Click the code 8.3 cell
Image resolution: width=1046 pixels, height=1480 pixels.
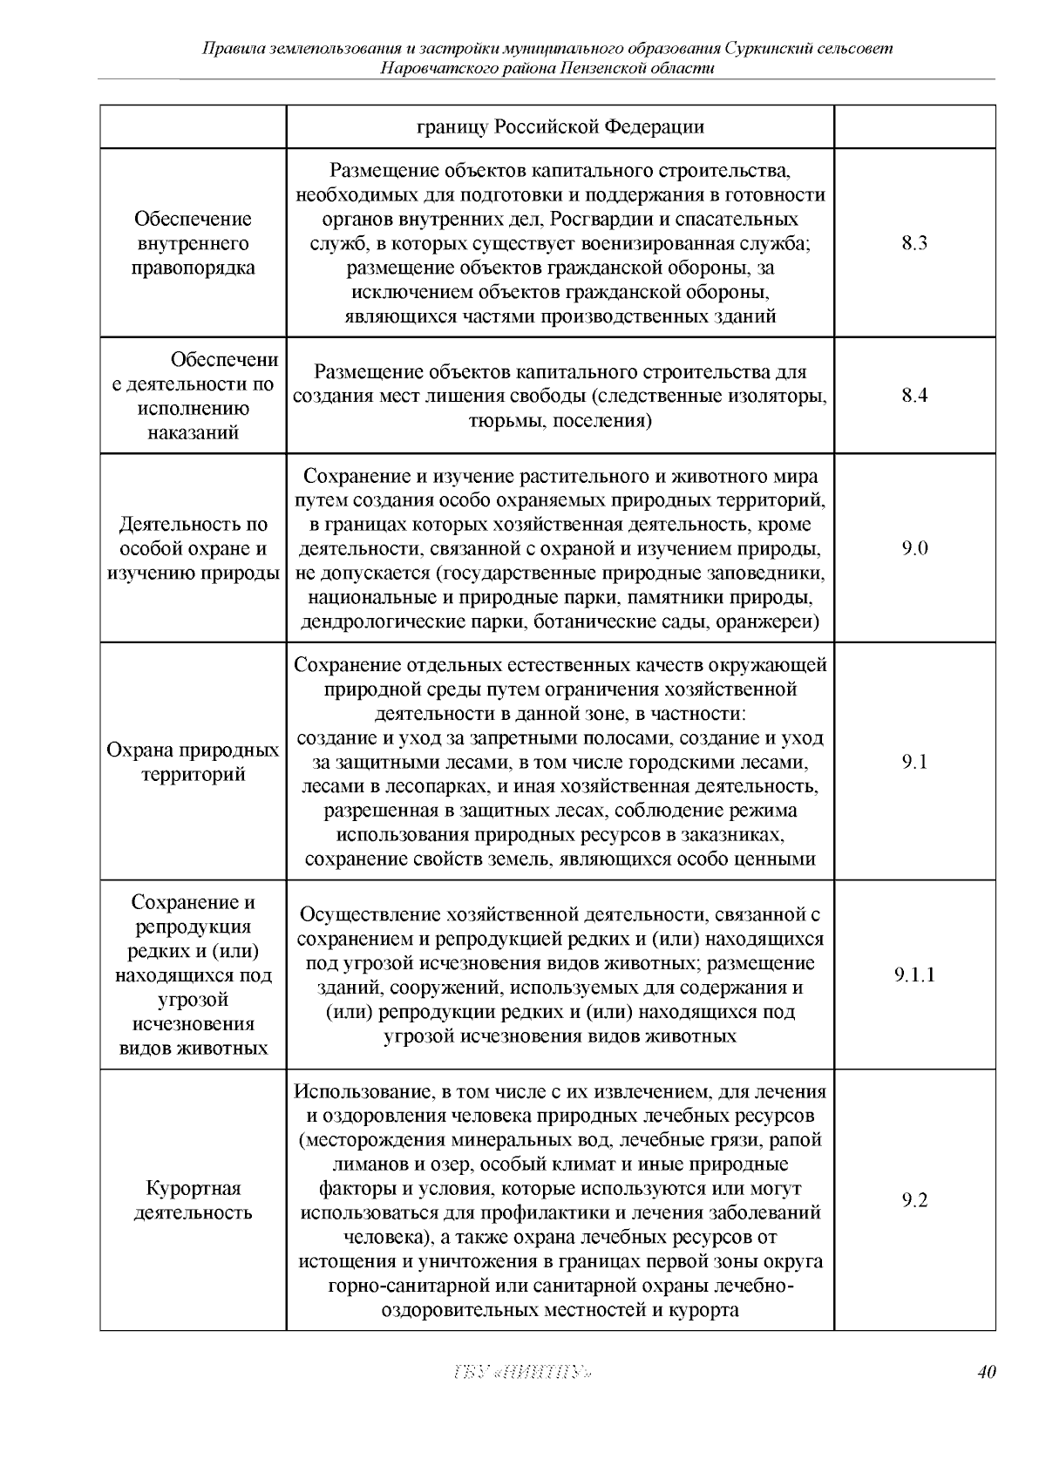pos(914,243)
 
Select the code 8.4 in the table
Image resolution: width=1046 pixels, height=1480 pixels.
pos(914,396)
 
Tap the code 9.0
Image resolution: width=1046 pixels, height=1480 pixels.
pos(914,548)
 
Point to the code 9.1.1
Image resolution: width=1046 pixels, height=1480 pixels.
pos(914,974)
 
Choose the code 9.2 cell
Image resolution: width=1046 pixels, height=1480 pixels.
pos(914,1200)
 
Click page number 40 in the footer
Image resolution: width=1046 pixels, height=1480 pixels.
pos(986,1372)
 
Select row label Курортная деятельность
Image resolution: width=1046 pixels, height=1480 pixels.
pos(194,1200)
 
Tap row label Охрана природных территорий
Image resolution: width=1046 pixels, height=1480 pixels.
pos(194,762)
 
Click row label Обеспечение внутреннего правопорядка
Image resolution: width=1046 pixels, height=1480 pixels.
pos(194,243)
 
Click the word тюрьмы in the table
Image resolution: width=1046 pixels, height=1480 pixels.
pos(499,421)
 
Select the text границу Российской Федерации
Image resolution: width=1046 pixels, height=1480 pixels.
pos(560,127)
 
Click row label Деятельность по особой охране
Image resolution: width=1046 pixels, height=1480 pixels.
pos(194,548)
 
